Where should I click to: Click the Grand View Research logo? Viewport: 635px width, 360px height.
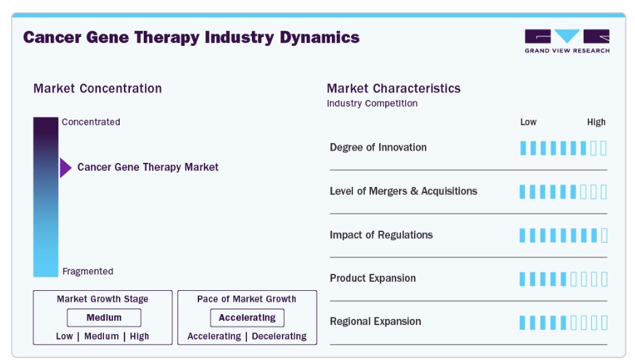coord(567,41)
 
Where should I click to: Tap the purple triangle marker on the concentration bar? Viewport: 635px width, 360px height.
coord(66,168)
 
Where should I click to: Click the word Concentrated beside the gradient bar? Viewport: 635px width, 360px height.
coord(91,122)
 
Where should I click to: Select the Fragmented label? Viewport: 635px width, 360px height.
coord(88,271)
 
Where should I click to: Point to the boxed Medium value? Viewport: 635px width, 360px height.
coord(104,318)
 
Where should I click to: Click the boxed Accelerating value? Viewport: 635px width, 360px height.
coord(247,318)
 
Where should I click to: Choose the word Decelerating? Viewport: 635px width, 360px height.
coord(279,337)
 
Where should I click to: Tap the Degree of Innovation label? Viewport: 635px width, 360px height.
coord(378,147)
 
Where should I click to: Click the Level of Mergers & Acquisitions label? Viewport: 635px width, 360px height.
coord(403,191)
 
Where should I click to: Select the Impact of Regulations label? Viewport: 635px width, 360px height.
coord(381,235)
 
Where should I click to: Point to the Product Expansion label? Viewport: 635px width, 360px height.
coord(372,278)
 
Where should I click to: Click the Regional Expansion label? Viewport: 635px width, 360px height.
coord(376,322)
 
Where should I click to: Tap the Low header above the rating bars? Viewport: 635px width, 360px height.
coord(528,122)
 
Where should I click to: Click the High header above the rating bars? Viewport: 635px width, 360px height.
coord(596,122)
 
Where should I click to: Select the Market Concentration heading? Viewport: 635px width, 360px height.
coord(98,88)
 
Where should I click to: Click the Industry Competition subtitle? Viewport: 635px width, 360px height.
coord(372,103)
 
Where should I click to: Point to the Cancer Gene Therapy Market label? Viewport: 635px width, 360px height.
coord(148,167)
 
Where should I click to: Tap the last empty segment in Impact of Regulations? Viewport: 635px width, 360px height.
coord(604,235)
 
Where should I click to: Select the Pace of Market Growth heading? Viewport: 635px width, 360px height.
coord(246,299)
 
